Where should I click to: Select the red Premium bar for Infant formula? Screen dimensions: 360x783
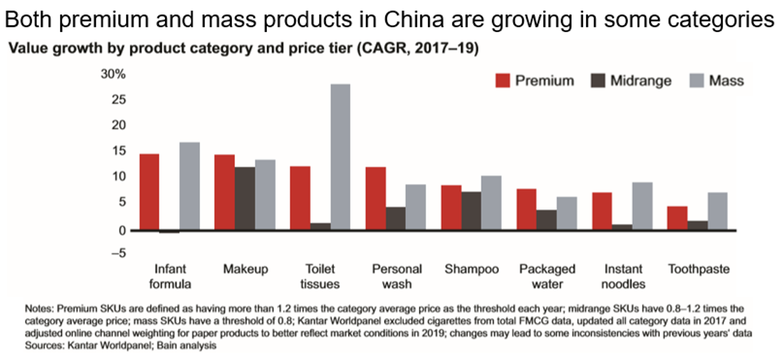pyautogui.click(x=149, y=192)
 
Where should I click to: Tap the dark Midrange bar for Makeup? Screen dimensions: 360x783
pyautogui.click(x=244, y=198)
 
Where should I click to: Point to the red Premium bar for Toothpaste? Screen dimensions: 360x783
pyautogui.click(x=677, y=218)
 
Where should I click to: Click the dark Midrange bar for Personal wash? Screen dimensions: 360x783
pyautogui.click(x=396, y=218)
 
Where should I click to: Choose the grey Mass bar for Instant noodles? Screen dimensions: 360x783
pyautogui.click(x=642, y=206)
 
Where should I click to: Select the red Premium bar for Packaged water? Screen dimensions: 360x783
pyautogui.click(x=526, y=209)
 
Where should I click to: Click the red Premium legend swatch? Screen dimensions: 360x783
pyautogui.click(x=503, y=81)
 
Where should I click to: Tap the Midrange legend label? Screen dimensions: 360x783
pyautogui.click(x=641, y=81)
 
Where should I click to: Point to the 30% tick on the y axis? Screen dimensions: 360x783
pyautogui.click(x=114, y=75)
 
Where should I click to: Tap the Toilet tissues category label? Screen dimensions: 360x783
pyautogui.click(x=320, y=277)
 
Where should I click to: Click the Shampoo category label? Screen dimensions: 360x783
pyautogui.click(x=471, y=269)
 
